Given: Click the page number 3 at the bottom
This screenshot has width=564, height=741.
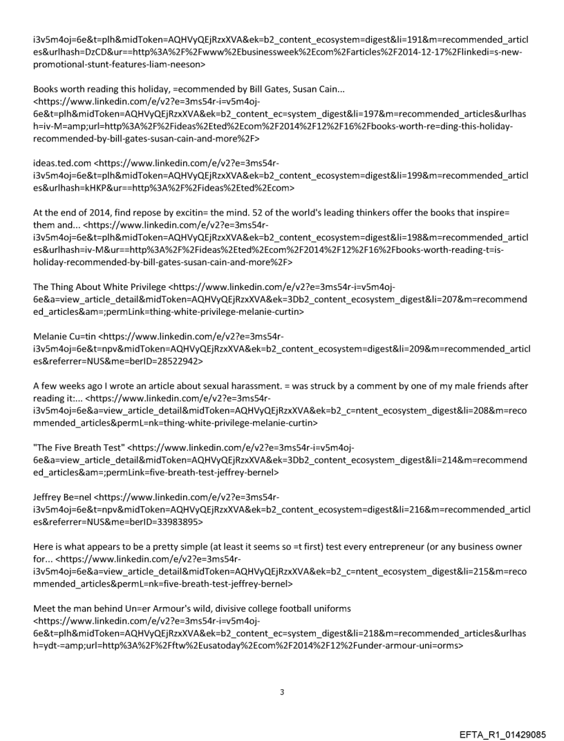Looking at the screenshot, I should click(281, 691).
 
